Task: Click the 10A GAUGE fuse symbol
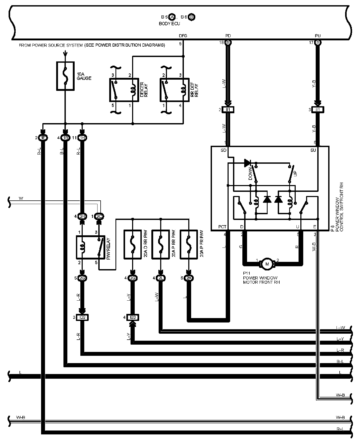tap(65, 76)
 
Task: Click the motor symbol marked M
tap(267, 264)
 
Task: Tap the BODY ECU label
tap(169, 24)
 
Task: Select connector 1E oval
tap(43, 138)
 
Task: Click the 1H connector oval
tap(82, 138)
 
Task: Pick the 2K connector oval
tap(189, 278)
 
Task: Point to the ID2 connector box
tap(82, 318)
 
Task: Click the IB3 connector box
tap(133, 318)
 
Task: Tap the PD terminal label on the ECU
tap(228, 36)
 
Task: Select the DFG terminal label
tap(183, 36)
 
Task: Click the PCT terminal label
tap(222, 227)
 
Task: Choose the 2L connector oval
tap(161, 278)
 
